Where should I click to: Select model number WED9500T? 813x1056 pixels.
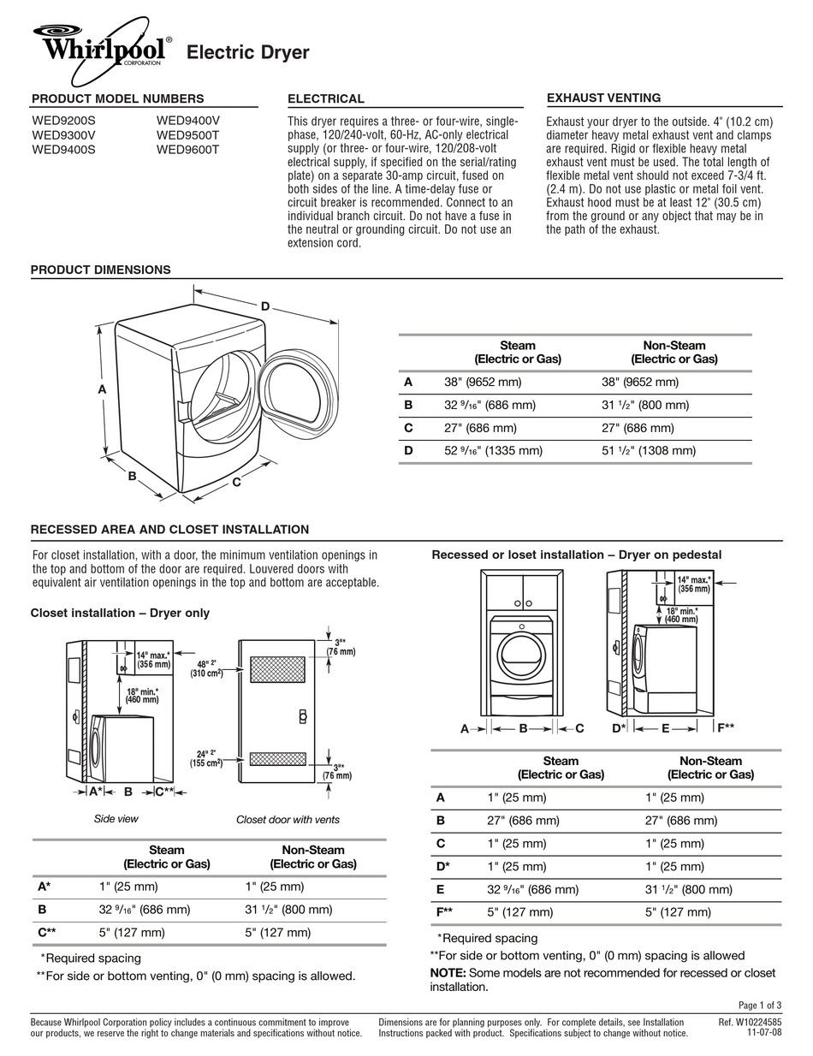click(x=187, y=134)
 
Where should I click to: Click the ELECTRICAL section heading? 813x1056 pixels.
click(x=325, y=98)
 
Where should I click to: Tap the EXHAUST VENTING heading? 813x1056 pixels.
click(x=603, y=98)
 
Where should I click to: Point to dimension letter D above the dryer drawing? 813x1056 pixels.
click(x=265, y=306)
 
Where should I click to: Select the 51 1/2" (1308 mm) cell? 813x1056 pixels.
click(x=648, y=450)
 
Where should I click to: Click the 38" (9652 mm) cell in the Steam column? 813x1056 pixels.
click(x=482, y=383)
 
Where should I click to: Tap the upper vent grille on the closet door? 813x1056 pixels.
click(x=277, y=669)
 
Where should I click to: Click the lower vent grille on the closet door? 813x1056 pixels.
click(x=277, y=758)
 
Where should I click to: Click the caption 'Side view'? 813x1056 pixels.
click(x=116, y=819)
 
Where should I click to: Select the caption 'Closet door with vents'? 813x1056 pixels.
click(x=288, y=820)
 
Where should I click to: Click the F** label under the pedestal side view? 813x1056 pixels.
click(x=725, y=727)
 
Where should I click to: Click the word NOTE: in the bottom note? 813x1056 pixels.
click(x=448, y=973)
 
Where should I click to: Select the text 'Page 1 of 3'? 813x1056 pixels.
click(x=758, y=1005)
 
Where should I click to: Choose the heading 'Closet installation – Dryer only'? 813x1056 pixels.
click(x=120, y=613)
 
